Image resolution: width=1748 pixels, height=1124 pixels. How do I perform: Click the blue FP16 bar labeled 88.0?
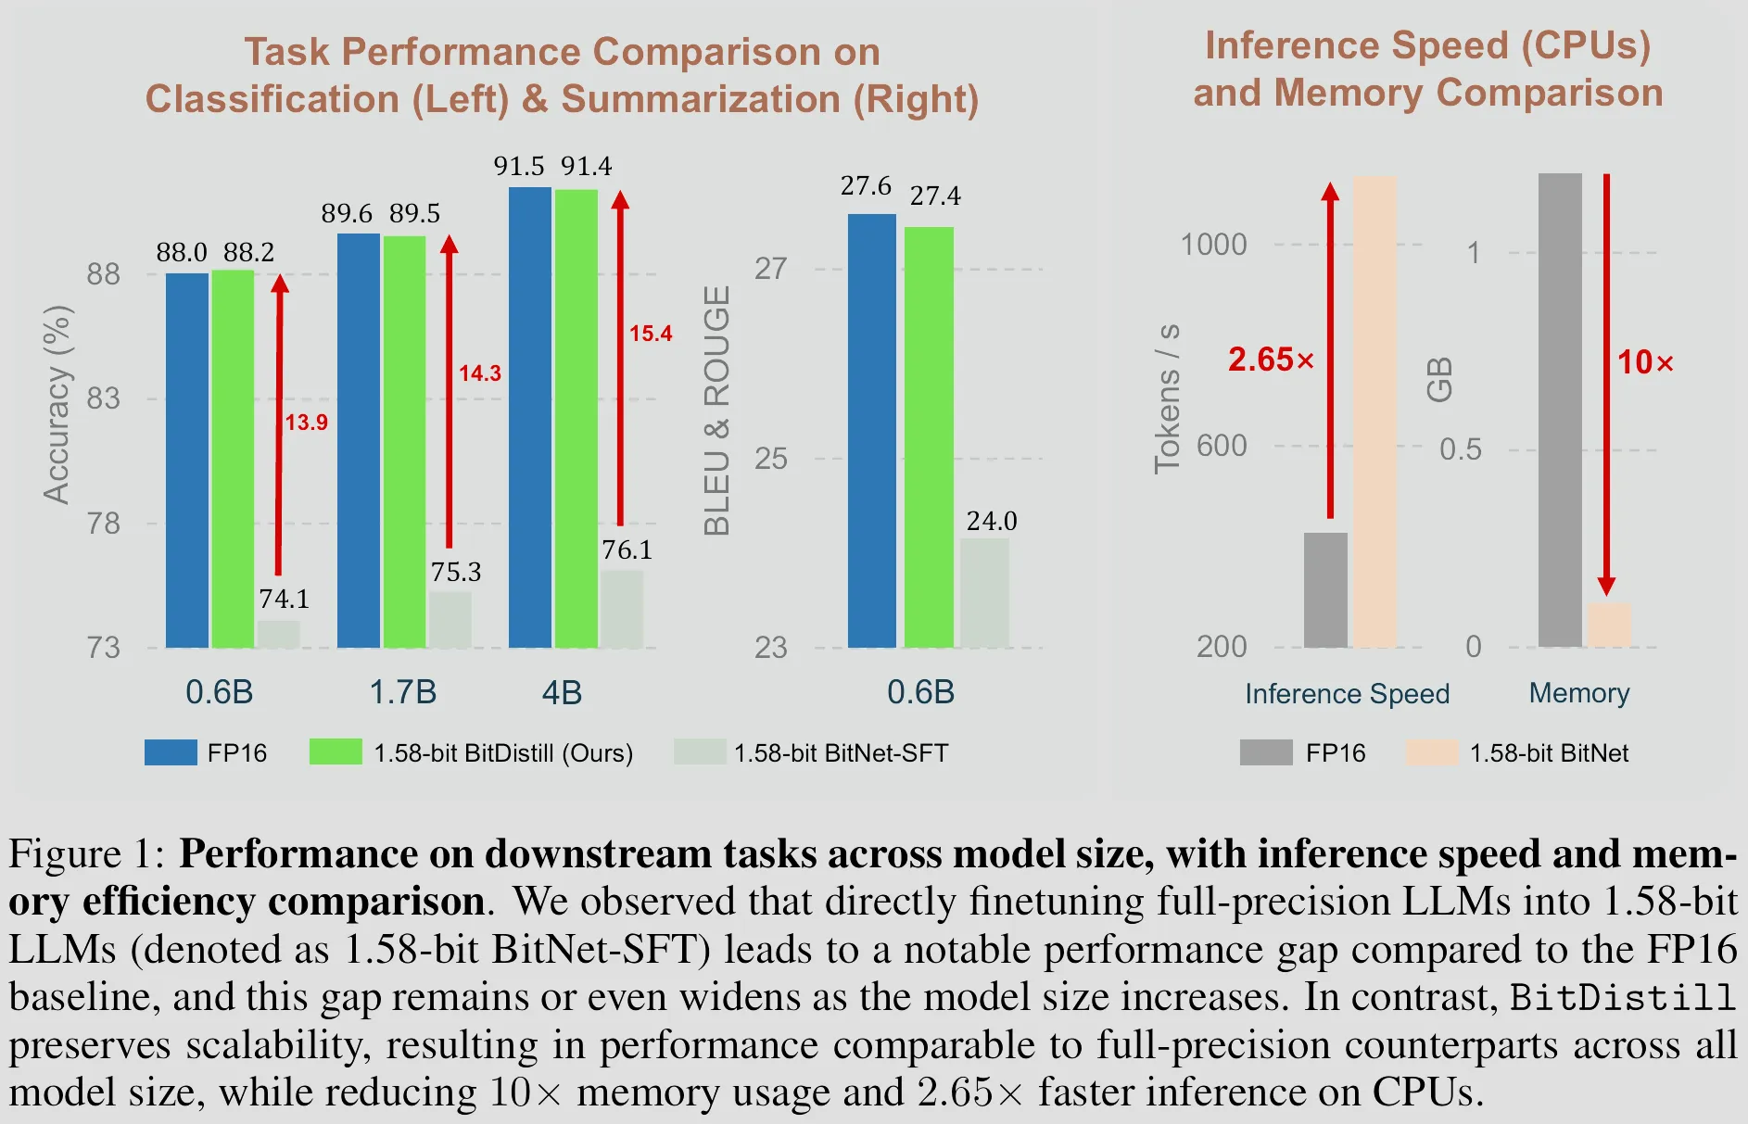point(187,460)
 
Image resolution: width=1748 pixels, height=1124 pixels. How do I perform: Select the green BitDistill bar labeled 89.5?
point(405,441)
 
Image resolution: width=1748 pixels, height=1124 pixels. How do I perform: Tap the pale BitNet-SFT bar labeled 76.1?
point(622,608)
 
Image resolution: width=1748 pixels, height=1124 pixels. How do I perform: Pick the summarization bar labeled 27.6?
point(872,430)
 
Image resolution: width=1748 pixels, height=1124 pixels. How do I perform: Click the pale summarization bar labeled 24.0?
point(984,592)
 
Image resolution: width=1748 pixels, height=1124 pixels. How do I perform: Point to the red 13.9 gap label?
point(306,423)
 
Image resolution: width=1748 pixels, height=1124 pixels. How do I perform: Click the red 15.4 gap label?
point(651,334)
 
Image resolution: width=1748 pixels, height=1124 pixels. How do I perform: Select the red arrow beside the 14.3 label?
point(450,390)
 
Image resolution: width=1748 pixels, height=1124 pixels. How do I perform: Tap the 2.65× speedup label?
point(1271,360)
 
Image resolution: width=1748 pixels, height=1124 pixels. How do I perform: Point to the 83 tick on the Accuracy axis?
point(103,399)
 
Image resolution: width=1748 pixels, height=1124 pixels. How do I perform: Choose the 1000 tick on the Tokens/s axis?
point(1213,245)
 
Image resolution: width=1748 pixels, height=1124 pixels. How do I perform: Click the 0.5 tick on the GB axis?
point(1460,450)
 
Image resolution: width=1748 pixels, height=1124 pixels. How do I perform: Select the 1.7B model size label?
point(403,692)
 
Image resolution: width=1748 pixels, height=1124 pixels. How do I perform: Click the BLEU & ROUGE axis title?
point(717,410)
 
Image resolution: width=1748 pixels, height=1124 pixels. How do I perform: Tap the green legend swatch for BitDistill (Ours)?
point(336,751)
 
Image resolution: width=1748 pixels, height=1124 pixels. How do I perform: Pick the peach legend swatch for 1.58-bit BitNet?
point(1431,752)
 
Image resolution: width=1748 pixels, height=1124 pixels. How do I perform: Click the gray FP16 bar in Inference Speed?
point(1325,589)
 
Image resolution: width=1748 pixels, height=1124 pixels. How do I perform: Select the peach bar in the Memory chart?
point(1609,625)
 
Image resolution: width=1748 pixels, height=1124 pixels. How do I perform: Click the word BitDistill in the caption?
point(1622,997)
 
